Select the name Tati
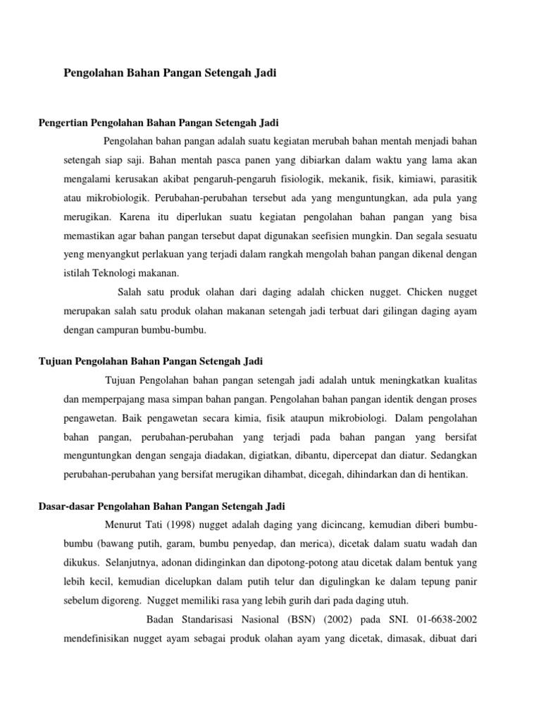tap(159, 526)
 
